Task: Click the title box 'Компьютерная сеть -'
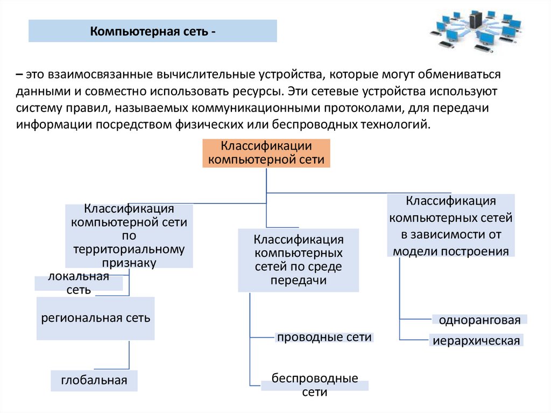152,31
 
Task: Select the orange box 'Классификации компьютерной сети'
266,153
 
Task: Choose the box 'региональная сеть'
96,318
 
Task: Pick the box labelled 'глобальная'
94,381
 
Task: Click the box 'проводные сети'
324,338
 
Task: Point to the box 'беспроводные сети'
315,385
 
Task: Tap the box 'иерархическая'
476,341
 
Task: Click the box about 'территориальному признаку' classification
129,236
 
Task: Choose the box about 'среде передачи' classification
299,260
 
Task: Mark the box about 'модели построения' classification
451,226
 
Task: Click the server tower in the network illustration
476,20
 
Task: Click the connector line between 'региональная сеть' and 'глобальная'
129,355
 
